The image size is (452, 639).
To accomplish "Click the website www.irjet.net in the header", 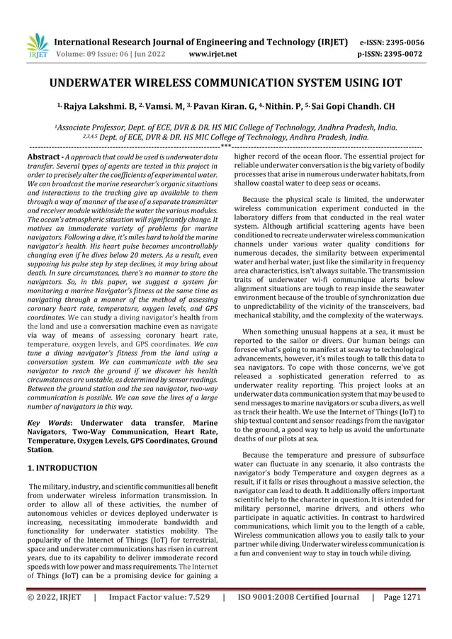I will point(215,52).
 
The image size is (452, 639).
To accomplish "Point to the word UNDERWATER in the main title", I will point(104,82).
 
